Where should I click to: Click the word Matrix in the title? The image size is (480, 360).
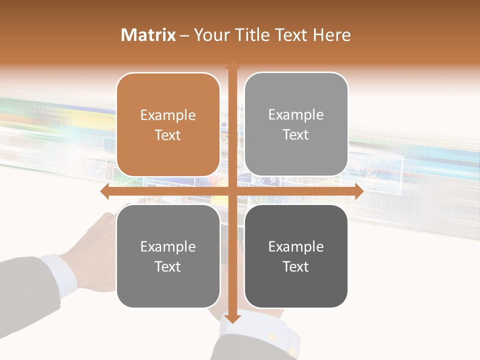148,35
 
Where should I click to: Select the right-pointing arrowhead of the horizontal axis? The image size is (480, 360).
358,191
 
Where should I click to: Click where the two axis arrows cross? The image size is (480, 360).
232,191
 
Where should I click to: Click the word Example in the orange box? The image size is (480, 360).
168,115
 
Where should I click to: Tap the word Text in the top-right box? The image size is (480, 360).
296,135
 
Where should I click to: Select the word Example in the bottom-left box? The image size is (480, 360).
168,247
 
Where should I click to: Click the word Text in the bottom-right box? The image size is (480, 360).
296,266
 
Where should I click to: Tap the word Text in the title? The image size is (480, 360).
290,35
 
